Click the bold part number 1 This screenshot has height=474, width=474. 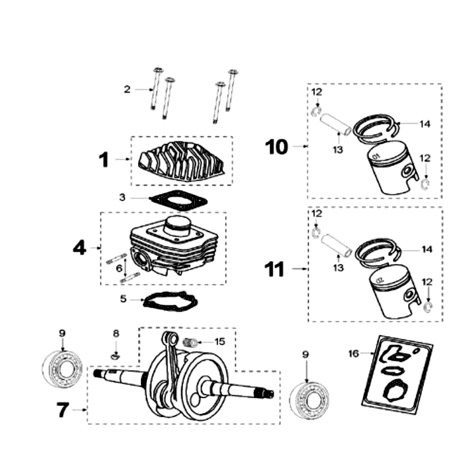click(104, 159)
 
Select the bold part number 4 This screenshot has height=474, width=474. click(79, 247)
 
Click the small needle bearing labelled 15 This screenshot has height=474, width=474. click(190, 342)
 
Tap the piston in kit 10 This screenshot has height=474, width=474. click(391, 171)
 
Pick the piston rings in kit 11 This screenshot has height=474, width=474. click(379, 249)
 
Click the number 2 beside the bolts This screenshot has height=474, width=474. click(127, 89)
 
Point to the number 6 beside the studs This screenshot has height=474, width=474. click(119, 268)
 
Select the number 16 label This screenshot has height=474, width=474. click(353, 354)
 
